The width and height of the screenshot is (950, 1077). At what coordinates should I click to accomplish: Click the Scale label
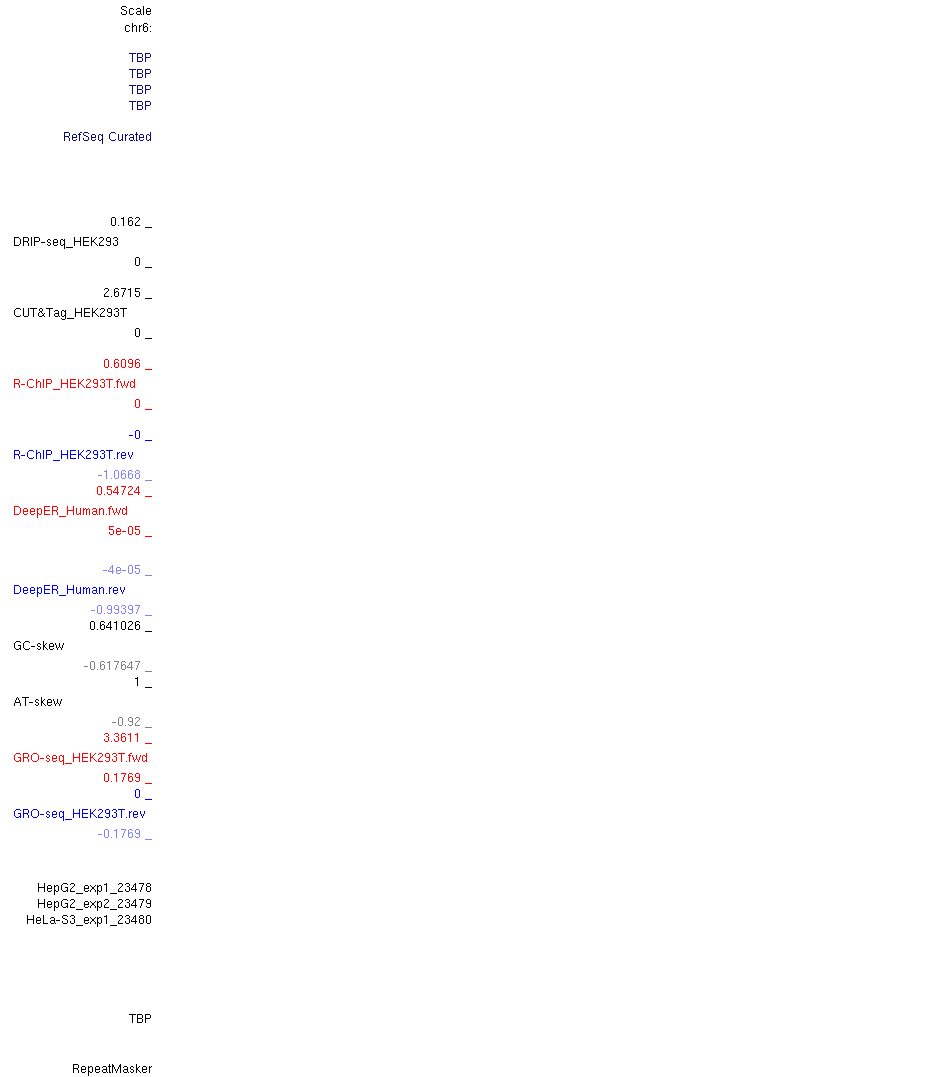point(135,11)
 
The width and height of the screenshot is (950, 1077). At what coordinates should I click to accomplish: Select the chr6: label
point(137,28)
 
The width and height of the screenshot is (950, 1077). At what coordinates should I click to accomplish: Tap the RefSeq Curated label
point(107,137)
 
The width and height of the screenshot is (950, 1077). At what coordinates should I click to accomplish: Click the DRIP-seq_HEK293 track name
point(66,242)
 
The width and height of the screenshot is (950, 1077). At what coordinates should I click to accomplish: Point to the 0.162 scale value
point(125,222)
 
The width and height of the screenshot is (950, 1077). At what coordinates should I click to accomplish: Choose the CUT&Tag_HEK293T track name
point(70,313)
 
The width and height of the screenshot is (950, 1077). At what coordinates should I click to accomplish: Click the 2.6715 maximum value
point(122,293)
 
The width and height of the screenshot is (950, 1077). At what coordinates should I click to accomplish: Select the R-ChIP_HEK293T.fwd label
point(74,383)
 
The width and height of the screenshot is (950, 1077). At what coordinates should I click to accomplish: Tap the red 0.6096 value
point(122,363)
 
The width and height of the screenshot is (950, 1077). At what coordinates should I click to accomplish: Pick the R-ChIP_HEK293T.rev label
point(73,455)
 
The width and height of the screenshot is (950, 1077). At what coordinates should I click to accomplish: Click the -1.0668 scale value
point(119,475)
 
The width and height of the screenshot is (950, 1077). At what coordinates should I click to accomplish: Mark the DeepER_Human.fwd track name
point(70,510)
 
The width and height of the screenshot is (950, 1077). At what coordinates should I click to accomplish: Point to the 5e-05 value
point(124,530)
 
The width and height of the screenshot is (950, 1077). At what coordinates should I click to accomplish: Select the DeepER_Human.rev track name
point(69,589)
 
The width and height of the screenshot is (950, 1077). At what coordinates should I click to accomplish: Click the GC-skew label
point(38,646)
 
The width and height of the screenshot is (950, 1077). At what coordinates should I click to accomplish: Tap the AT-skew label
point(38,701)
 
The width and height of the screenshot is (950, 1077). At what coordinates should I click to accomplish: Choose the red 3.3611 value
point(122,738)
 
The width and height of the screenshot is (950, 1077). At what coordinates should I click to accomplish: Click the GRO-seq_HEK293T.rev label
point(79,813)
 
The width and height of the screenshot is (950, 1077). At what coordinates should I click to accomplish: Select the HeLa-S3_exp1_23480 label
point(89,920)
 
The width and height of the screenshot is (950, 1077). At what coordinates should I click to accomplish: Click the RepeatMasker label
point(112,1069)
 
